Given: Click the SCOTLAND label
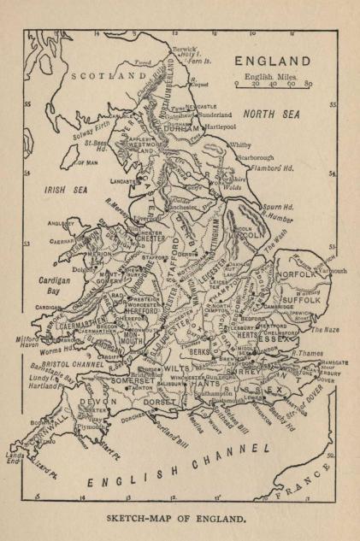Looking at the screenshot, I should (x=109, y=75).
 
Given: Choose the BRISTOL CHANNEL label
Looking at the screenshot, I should (x=73, y=363).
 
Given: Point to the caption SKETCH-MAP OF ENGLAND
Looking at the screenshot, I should (x=180, y=518).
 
